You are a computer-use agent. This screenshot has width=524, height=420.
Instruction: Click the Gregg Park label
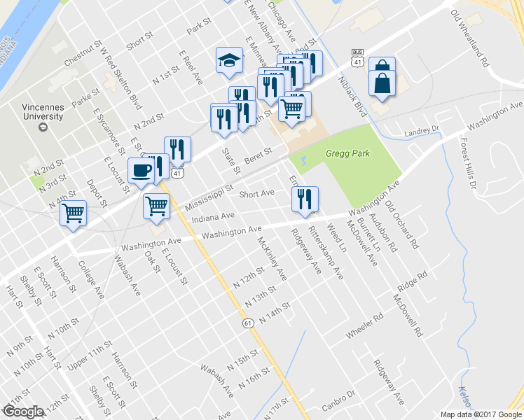click(x=347, y=154)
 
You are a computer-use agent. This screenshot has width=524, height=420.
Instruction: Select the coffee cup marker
click(x=141, y=171)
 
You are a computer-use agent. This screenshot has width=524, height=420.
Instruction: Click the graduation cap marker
click(x=229, y=60)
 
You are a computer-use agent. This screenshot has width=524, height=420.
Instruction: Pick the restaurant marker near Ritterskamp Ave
click(x=305, y=199)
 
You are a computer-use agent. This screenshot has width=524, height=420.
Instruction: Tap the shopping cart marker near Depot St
click(x=74, y=212)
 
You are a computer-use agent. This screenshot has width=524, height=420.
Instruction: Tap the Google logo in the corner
click(x=23, y=412)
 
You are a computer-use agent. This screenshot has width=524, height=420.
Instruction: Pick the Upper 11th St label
click(x=90, y=356)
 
